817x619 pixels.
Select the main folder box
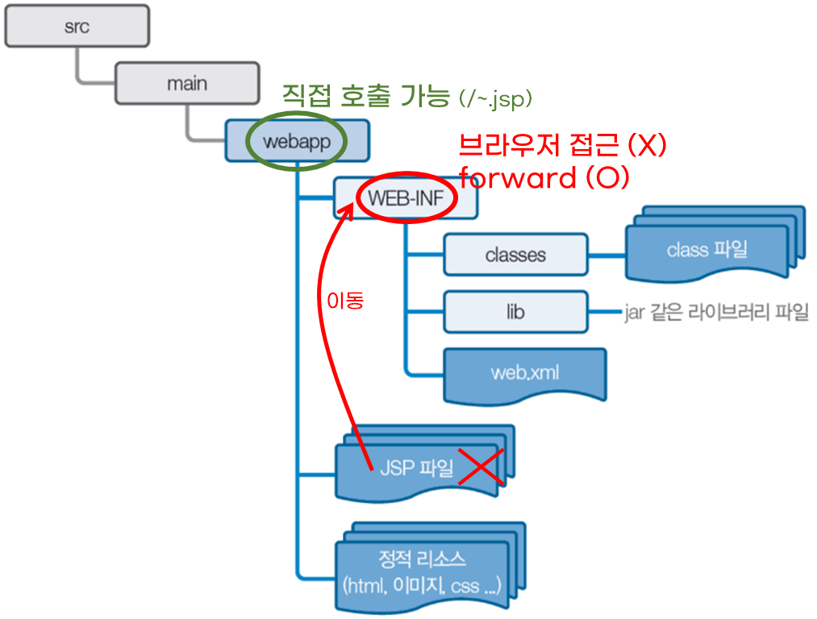186,83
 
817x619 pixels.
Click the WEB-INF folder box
406,198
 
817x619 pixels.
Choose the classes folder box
515,255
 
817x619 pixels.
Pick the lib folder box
515,312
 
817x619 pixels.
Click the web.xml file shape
524,373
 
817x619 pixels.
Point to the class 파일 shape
707,250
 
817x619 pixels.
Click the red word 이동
344,301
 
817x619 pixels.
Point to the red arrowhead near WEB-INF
350,211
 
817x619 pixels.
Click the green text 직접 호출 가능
365,98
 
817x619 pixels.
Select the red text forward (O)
544,177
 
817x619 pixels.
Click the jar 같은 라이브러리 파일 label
716,313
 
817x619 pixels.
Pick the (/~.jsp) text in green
495,99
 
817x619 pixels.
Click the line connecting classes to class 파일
606,255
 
